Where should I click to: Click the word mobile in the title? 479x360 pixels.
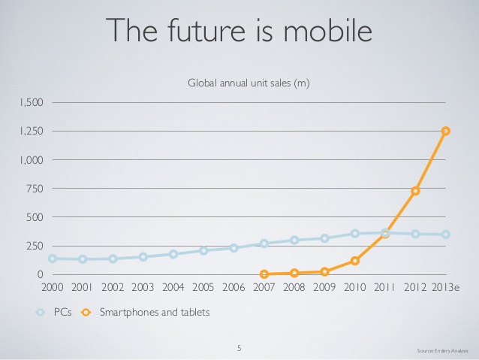(328, 30)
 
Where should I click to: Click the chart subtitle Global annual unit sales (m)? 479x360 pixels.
(249, 83)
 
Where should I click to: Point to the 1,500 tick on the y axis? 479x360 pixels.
(32, 102)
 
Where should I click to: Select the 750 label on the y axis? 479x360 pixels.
(35, 189)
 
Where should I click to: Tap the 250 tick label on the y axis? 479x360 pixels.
(35, 246)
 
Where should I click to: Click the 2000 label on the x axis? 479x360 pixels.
(53, 287)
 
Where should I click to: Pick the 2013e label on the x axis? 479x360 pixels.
(445, 287)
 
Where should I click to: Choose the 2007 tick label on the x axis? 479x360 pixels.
(264, 287)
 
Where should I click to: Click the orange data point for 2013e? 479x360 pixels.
(446, 131)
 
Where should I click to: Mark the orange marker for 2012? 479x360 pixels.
(415, 191)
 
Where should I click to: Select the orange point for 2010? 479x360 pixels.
(354, 261)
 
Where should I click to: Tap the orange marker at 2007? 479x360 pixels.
(264, 274)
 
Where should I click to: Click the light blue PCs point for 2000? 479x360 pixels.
(53, 259)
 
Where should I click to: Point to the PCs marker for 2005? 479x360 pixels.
(203, 250)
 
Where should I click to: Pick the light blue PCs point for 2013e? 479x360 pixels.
(446, 234)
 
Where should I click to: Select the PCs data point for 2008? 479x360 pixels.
(294, 240)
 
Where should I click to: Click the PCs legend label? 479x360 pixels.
(62, 312)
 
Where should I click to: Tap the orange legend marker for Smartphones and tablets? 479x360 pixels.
(86, 313)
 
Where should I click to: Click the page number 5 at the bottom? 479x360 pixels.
(239, 348)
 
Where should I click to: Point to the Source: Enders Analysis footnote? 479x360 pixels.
(442, 351)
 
